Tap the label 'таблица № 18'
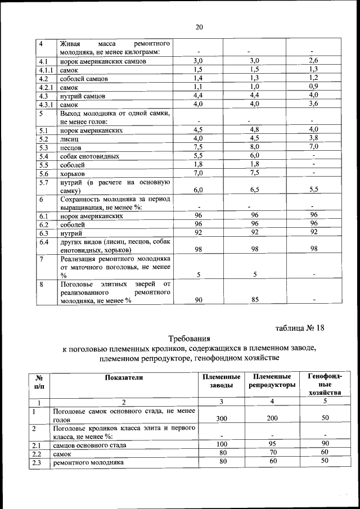pos(300,327)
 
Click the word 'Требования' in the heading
pos(189,339)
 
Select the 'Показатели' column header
pos(124,377)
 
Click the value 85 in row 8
pos(254,300)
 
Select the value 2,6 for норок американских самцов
pos(313,60)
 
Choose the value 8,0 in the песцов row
pos(254,147)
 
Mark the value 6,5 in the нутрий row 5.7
pos(254,190)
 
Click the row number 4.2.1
pos(46,88)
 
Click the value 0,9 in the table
pos(313,87)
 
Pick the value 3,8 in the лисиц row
pos(313,138)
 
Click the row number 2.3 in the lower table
pos(39,463)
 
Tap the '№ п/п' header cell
pos(39,381)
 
